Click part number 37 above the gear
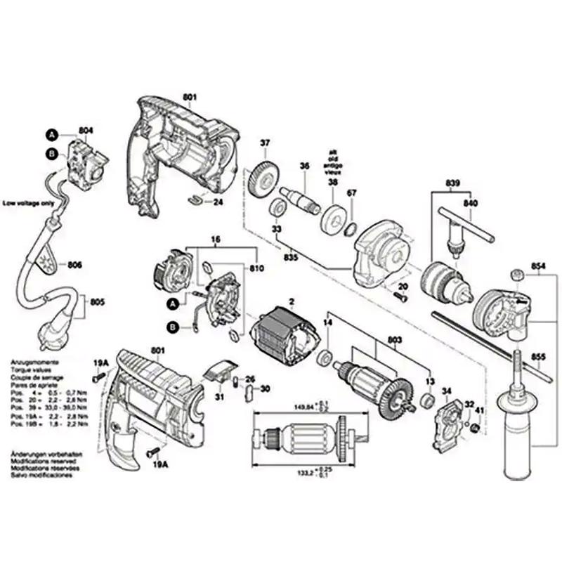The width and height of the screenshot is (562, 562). click(x=265, y=145)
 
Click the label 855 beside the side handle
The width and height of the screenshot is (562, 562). click(x=538, y=356)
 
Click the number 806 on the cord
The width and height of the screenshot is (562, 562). click(x=75, y=266)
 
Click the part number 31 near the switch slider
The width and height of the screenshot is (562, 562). click(x=219, y=397)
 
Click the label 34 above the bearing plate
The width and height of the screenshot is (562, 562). click(x=446, y=390)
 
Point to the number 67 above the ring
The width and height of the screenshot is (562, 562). click(x=352, y=193)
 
